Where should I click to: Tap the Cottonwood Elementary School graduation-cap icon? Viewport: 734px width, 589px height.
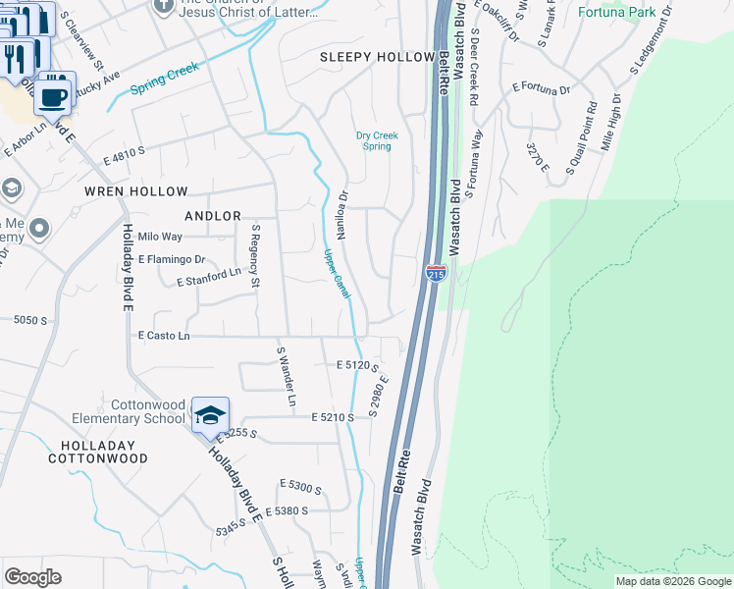[210, 415]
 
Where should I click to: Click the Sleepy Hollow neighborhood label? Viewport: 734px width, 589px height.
[378, 58]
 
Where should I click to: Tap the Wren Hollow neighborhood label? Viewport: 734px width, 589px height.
[135, 191]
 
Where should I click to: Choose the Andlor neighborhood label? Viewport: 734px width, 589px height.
[213, 216]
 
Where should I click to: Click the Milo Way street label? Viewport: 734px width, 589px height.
[160, 237]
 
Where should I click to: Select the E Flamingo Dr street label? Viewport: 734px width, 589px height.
[172, 260]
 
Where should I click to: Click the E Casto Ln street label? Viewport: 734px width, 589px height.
[164, 336]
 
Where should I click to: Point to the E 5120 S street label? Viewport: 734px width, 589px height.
[357, 364]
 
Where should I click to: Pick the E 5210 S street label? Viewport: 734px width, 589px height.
[333, 417]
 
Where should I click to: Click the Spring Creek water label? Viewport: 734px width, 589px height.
[165, 80]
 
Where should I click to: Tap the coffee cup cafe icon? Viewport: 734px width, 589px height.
[55, 97]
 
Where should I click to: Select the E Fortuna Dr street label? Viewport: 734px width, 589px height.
[541, 89]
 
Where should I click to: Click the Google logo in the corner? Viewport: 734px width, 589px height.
[32, 577]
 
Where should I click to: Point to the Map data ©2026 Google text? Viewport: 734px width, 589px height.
[673, 581]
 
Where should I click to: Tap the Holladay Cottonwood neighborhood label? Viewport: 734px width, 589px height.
[98, 452]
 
